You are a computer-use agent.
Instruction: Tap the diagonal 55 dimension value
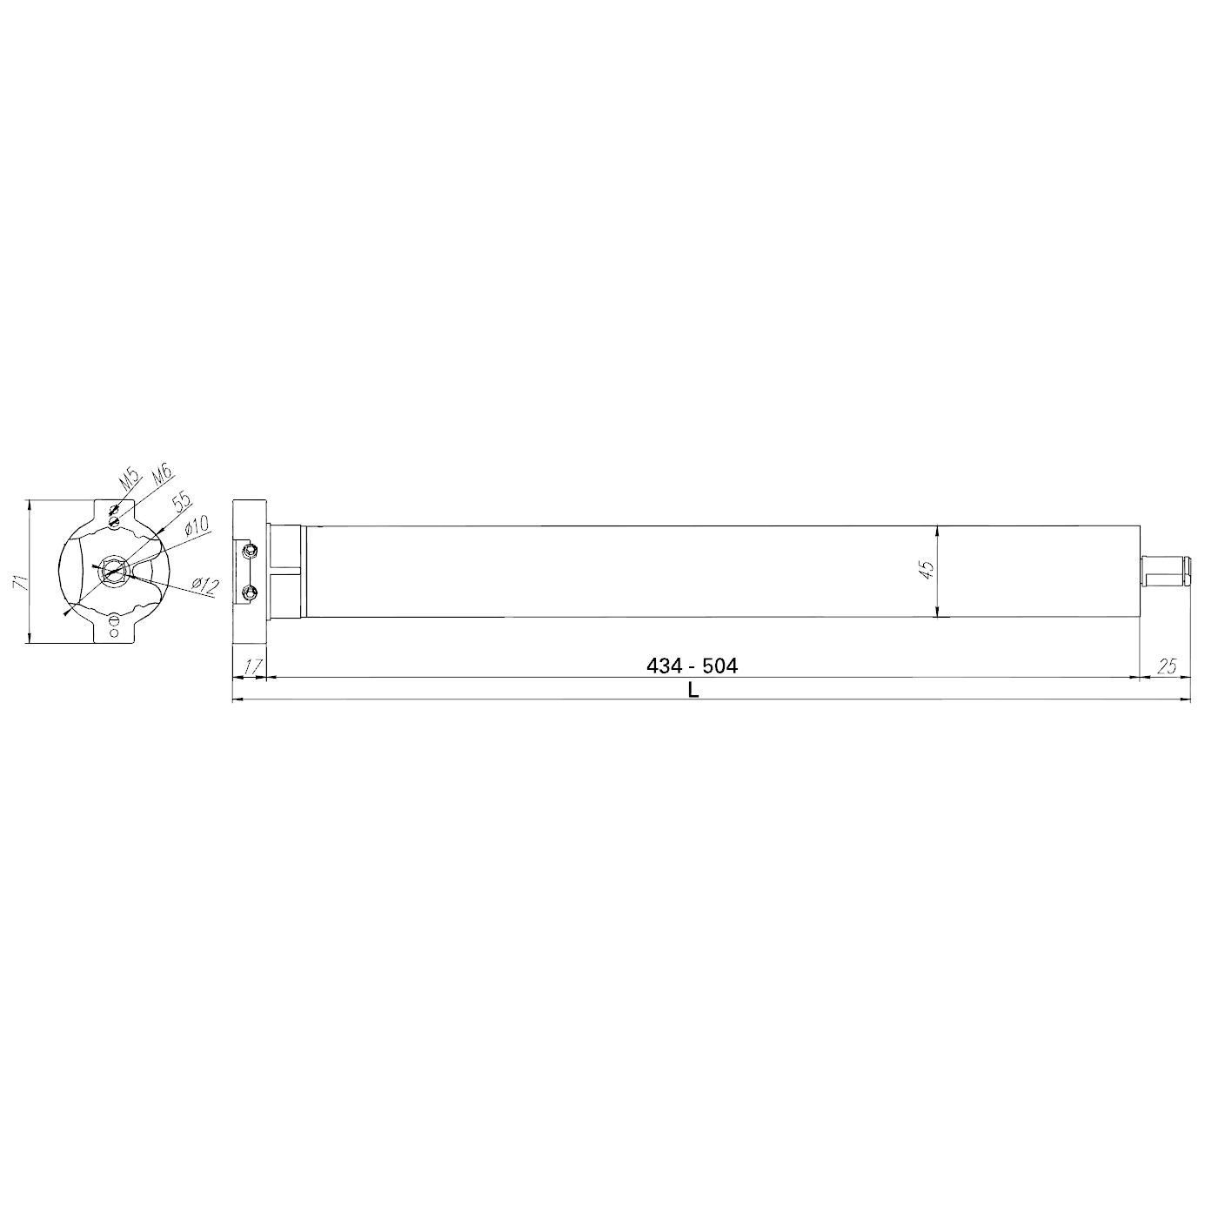point(182,501)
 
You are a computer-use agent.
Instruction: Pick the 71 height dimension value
point(20,582)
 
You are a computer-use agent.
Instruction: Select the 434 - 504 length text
point(693,666)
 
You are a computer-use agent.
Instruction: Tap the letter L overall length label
point(693,690)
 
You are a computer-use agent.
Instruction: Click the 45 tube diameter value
point(927,570)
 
